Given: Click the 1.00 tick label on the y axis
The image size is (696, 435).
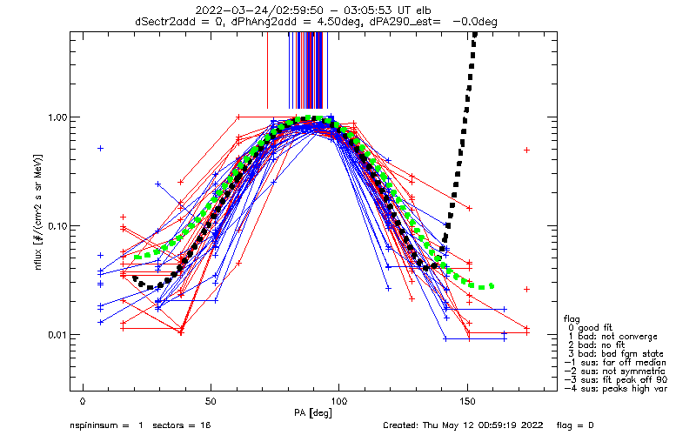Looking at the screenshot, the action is pos(57,117).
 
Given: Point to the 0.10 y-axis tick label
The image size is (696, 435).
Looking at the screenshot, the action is pos(57,226).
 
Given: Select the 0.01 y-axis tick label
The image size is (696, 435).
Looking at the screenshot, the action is pos(57,335).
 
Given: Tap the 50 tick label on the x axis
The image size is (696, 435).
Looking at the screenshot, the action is pos(211,402).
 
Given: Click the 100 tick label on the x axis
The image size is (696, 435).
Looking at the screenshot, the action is pos(338,402).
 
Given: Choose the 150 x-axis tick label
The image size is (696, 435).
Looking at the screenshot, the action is pos(467,402).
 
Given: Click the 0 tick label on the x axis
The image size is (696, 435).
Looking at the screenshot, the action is pos(83,402).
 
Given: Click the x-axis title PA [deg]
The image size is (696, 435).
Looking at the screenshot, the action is pos(313,413).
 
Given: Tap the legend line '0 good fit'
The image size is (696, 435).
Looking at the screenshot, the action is pos(590,328).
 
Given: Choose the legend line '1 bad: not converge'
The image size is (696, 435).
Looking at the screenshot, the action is pos(612,337).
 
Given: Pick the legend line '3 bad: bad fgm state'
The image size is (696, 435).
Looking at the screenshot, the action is pos(616,354).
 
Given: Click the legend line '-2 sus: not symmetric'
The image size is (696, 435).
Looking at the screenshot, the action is pos(615,371).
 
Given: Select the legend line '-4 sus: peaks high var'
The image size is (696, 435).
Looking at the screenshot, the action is pos(616,389).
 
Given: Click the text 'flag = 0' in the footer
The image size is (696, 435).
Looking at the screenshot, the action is pos(575,425).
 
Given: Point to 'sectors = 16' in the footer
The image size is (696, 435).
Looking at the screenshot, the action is pos(182,425).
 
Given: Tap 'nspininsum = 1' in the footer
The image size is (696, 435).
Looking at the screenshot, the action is pos(106,425).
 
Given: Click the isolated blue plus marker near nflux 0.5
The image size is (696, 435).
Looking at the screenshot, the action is pos(101,148).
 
